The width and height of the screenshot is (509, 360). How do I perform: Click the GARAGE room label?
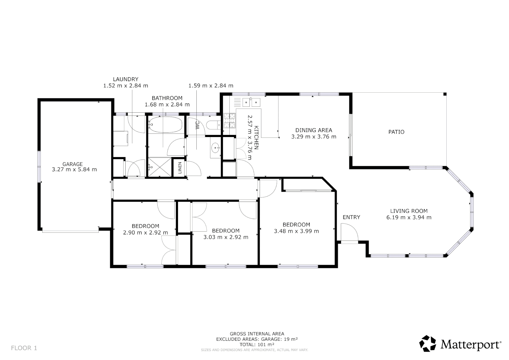[x=73, y=164]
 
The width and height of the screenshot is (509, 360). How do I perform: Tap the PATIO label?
[x=396, y=132]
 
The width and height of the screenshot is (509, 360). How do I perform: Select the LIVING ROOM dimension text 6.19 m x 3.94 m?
[x=409, y=217]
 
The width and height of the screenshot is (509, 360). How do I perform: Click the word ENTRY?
[x=351, y=217]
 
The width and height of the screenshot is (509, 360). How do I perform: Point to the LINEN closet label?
[x=180, y=168]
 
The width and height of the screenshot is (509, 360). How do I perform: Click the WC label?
[x=197, y=126]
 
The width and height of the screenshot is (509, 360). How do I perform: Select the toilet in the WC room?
[x=213, y=125]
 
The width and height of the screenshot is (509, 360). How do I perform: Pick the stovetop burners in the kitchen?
[x=229, y=121]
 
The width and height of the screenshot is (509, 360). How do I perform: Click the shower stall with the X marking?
[x=159, y=167]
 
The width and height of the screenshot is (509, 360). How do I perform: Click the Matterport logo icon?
[x=427, y=344]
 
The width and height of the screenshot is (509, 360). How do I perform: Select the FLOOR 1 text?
[x=24, y=348]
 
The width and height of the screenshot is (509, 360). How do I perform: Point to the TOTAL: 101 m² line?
[x=257, y=344]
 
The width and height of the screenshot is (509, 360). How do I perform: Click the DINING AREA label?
[x=314, y=130]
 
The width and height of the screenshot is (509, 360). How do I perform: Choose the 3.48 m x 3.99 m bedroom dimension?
[x=296, y=231]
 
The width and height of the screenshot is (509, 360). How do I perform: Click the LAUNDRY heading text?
[x=126, y=79]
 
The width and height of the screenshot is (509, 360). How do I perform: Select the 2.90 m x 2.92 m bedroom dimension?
[x=145, y=232]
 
